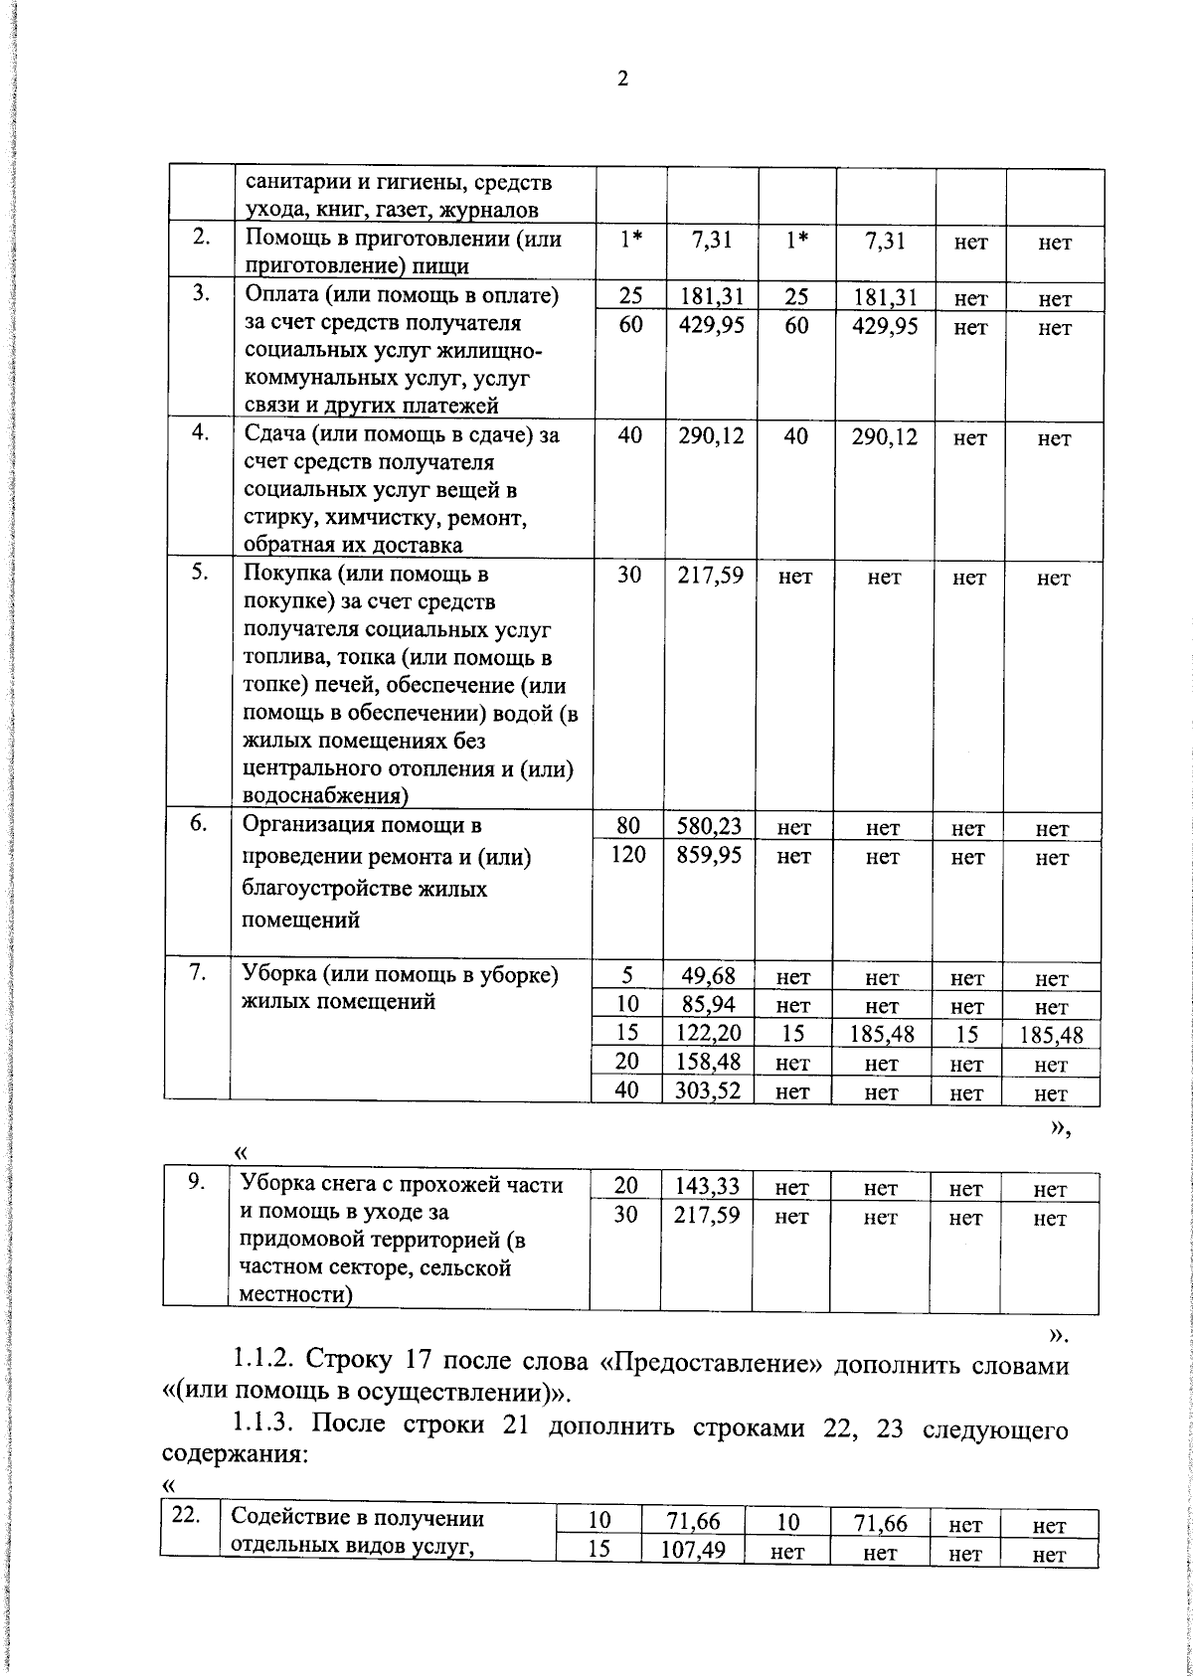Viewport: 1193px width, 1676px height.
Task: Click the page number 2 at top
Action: [x=622, y=80]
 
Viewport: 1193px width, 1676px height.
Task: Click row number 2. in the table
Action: [x=200, y=239]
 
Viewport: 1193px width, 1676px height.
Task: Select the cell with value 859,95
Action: [x=710, y=855]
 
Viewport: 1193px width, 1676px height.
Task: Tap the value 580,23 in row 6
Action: [x=710, y=826]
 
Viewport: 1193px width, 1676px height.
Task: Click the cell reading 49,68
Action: [x=710, y=977]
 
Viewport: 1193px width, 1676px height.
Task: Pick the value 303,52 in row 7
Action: [x=710, y=1090]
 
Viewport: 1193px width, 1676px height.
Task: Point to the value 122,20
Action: [x=710, y=1034]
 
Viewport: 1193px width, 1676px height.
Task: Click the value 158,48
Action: [x=710, y=1062]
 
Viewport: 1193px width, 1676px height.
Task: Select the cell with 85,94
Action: [x=710, y=1005]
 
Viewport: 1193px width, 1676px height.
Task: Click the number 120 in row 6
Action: [x=628, y=855]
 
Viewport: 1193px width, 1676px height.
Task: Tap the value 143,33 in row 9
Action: [x=707, y=1186]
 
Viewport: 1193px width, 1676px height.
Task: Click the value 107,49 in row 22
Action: [x=694, y=1550]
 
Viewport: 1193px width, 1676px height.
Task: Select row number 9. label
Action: [x=197, y=1181]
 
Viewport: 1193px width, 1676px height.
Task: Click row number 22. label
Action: [x=187, y=1516]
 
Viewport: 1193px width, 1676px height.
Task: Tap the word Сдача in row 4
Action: [x=273, y=434]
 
